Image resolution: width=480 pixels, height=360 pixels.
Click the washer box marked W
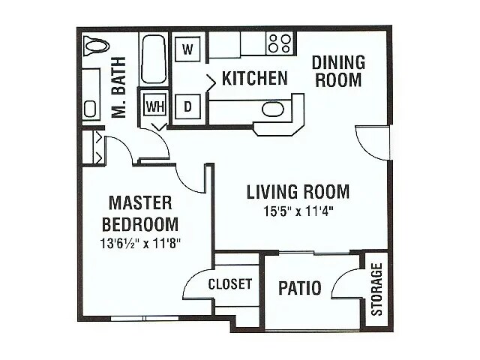[188, 50]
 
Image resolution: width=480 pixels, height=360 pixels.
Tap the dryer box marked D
[188, 106]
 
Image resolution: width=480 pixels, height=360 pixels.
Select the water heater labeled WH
[154, 106]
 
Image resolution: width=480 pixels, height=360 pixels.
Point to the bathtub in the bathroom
[154, 59]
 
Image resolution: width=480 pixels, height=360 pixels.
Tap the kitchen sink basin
[273, 109]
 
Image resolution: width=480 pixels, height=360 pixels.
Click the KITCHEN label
[254, 78]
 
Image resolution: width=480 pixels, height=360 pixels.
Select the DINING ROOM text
[337, 70]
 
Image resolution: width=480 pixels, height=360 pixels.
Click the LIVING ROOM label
[298, 192]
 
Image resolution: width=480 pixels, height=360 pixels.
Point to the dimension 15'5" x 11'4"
[298, 211]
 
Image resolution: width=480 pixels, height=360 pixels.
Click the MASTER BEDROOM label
[140, 213]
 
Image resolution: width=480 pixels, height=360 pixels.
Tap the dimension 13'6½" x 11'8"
[140, 242]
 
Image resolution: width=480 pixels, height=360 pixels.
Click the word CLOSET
[229, 285]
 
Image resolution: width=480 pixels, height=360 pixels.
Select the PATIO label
[300, 288]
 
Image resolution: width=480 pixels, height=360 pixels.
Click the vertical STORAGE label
[376, 289]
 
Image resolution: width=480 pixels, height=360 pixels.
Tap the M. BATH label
[118, 91]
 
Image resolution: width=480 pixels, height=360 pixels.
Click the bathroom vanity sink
[91, 108]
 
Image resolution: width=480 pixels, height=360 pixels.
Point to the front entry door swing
[372, 142]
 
